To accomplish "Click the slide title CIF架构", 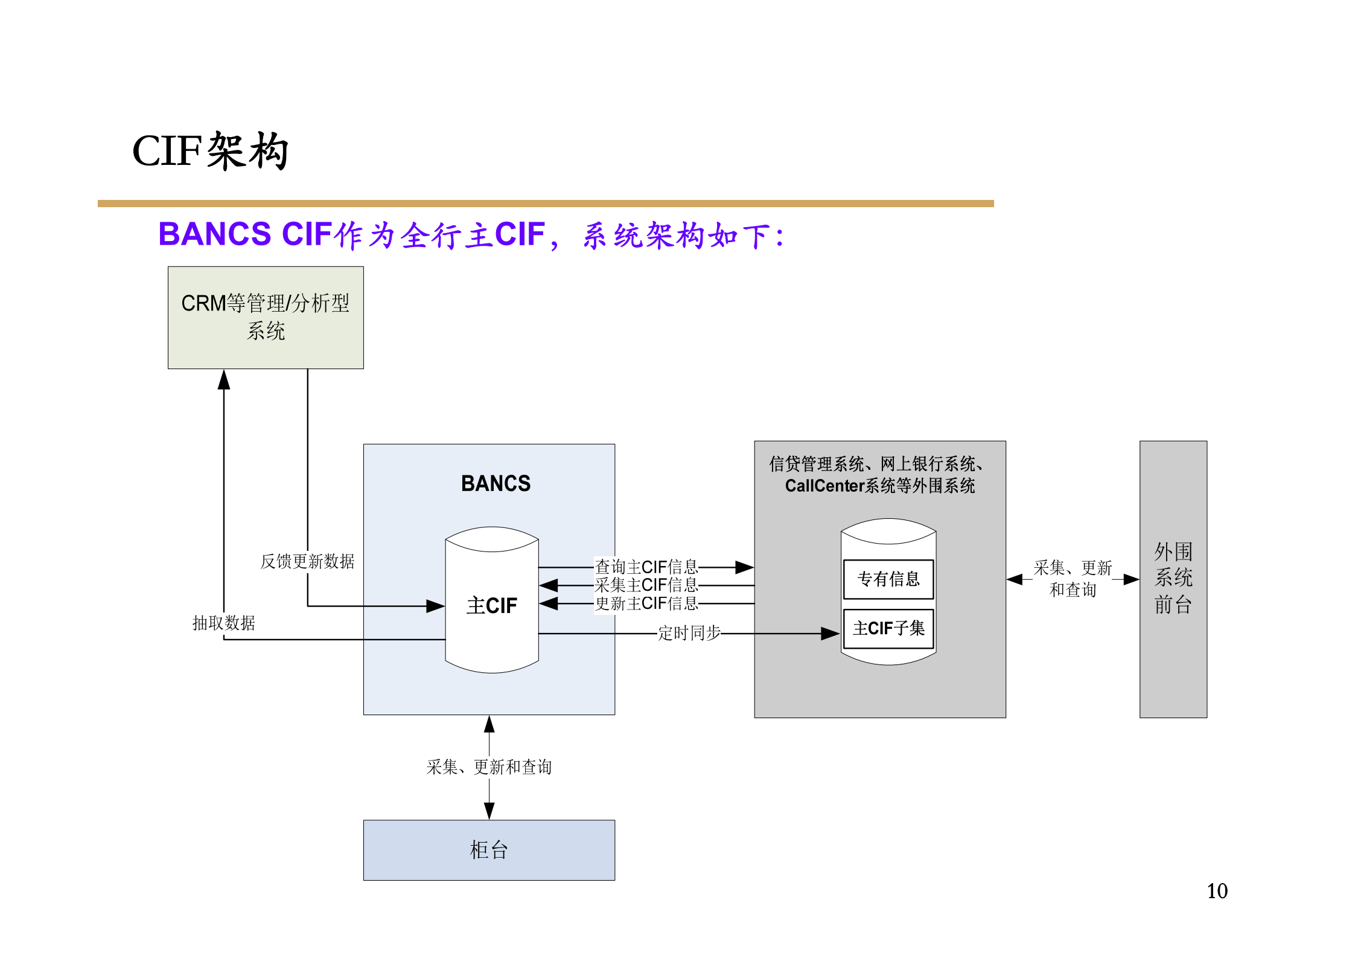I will pyautogui.click(x=210, y=151).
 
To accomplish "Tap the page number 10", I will pyautogui.click(x=1217, y=891).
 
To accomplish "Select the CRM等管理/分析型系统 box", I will pyautogui.click(x=266, y=317).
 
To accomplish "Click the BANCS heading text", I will pyautogui.click(x=496, y=483).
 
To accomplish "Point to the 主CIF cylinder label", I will pyautogui.click(x=491, y=605).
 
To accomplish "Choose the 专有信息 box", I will pyautogui.click(x=888, y=579).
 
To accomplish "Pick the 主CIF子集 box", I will pyautogui.click(x=888, y=629).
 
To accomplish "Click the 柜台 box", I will pyautogui.click(x=489, y=850).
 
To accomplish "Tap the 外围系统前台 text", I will pyautogui.click(x=1173, y=578).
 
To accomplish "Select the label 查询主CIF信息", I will pyautogui.click(x=646, y=567).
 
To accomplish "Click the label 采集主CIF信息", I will pyautogui.click(x=646, y=585).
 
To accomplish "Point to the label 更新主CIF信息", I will pyautogui.click(x=646, y=603).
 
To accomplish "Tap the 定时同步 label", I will pyautogui.click(x=689, y=633).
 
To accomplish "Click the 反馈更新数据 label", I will pyautogui.click(x=307, y=561).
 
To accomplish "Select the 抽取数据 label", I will pyautogui.click(x=223, y=623).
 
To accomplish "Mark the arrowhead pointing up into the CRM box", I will pyautogui.click(x=224, y=380).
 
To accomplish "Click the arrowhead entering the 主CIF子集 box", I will pyautogui.click(x=831, y=634).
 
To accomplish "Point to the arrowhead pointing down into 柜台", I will pyautogui.click(x=489, y=810).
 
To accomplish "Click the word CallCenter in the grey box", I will pyautogui.click(x=824, y=486).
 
